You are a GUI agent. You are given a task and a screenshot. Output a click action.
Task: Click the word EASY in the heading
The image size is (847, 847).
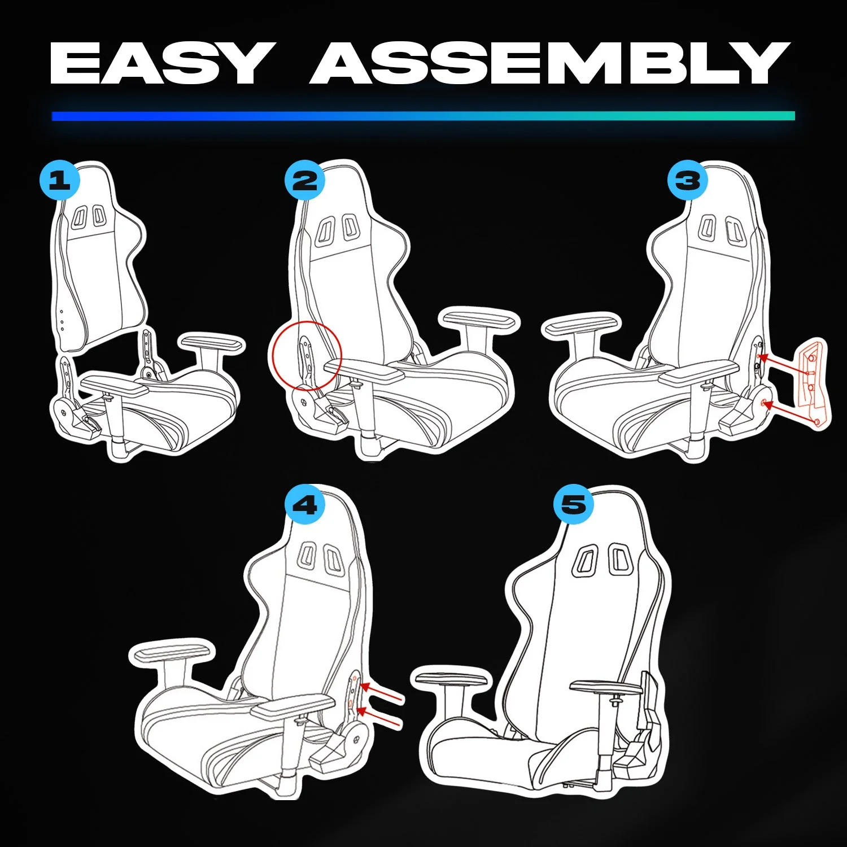coord(159,63)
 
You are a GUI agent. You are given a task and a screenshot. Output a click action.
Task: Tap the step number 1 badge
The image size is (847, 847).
coord(59,181)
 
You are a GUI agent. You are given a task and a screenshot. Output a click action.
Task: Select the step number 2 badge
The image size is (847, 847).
coord(305,181)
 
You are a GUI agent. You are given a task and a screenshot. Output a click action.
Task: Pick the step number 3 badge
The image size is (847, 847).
coord(687,181)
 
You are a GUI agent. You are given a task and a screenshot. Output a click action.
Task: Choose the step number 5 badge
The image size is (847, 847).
coord(574,504)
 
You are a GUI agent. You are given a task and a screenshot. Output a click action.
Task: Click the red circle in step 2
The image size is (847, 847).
coord(307,356)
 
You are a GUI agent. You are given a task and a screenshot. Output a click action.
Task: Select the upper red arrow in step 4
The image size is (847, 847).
coord(382,693)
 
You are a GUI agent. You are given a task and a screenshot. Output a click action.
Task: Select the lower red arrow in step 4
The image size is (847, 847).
coord(381,717)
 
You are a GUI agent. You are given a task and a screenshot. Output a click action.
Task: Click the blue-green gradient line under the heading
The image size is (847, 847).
coord(423,116)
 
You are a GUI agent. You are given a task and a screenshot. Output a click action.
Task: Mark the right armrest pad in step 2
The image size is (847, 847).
coord(480,320)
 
